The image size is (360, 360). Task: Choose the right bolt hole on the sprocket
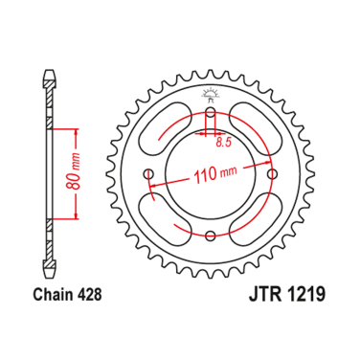click(x=272, y=174)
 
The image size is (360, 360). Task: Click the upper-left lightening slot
click(x=164, y=129)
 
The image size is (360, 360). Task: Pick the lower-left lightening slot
click(x=165, y=219)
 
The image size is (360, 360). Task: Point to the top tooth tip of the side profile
click(x=48, y=74)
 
